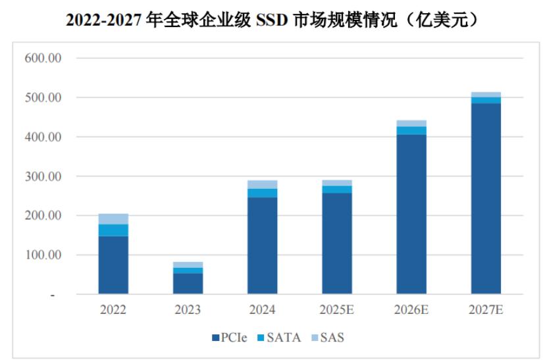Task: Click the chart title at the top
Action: tap(273, 19)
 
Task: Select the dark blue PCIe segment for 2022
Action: tap(113, 265)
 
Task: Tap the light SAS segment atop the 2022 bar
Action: tap(113, 219)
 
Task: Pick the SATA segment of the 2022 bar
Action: tap(113, 230)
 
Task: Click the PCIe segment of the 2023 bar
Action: tap(188, 284)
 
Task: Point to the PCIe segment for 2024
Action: tap(262, 245)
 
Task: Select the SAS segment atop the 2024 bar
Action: tap(262, 184)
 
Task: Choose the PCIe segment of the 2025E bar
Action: tap(336, 244)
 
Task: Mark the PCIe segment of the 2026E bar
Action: tap(411, 214)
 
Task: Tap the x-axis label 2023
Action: tap(188, 309)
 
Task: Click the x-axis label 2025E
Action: tap(336, 309)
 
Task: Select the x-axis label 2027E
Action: tap(486, 309)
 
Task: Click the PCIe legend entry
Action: tap(230, 338)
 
